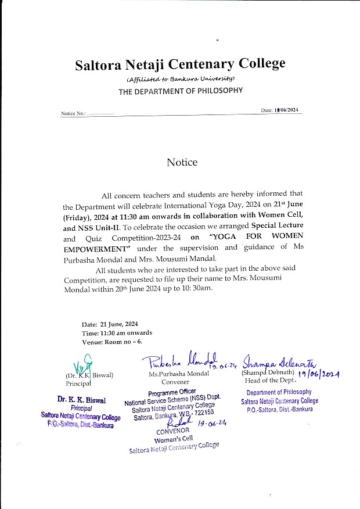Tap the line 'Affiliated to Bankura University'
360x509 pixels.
pos(180,78)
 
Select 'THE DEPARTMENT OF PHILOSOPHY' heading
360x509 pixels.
pos(181,91)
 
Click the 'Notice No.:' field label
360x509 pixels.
pos(74,113)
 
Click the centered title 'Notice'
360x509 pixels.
pos(182,163)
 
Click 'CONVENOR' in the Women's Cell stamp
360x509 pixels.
pos(173,432)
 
